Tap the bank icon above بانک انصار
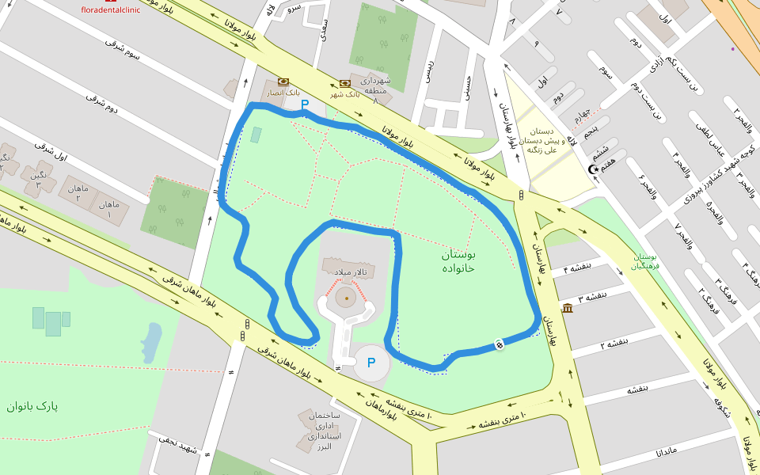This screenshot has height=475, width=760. [x=283, y=82]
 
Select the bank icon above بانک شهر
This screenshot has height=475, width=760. [x=344, y=83]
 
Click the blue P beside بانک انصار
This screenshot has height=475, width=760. [x=305, y=104]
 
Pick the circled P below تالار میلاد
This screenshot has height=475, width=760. [x=370, y=363]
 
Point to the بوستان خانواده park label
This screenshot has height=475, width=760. [x=458, y=261]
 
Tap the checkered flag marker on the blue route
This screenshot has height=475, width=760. [x=500, y=343]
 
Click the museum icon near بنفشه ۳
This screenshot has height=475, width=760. [x=567, y=307]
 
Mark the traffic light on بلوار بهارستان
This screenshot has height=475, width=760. [x=521, y=195]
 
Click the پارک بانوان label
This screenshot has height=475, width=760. [x=32, y=406]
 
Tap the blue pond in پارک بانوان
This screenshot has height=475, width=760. [x=150, y=340]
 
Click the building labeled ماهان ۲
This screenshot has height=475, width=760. [x=78, y=192]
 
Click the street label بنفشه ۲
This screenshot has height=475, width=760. [x=614, y=344]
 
